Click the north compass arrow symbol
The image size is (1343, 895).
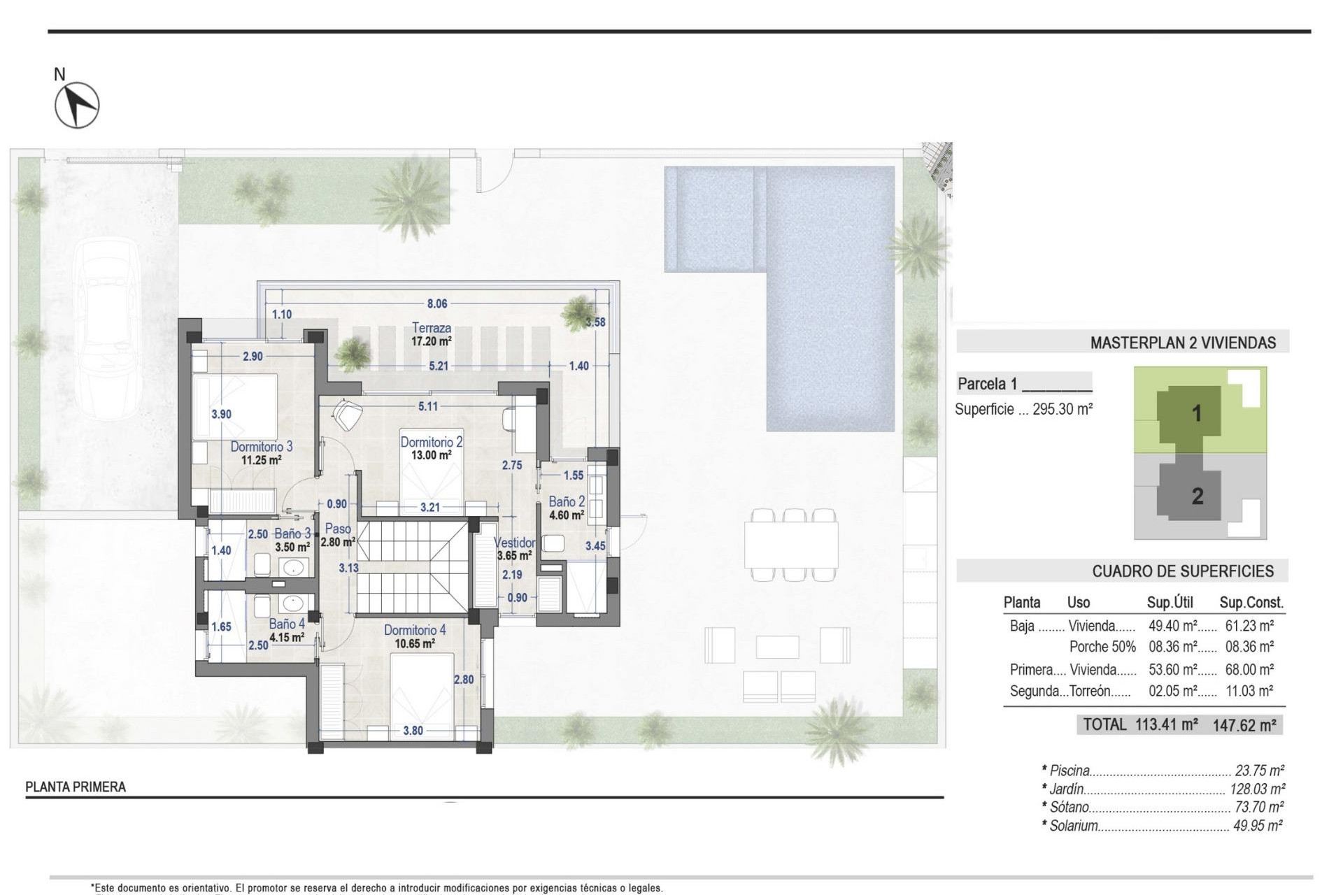point(77,105)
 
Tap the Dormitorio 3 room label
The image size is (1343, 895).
point(261,446)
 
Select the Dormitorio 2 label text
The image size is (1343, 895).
point(431,442)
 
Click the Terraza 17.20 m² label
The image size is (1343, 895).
point(431,334)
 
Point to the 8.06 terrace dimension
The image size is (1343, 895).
point(437,303)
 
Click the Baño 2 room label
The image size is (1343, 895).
point(566,502)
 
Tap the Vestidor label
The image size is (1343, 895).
point(514,543)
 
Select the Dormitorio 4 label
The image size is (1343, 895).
point(414,630)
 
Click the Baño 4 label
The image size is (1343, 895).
point(286,624)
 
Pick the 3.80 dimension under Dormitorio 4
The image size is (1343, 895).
point(413,731)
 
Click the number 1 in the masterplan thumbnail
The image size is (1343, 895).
point(1196,413)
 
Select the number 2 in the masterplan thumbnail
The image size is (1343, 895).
point(1197,496)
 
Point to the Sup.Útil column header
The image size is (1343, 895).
point(1170,602)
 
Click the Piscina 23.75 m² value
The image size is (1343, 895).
point(1259,771)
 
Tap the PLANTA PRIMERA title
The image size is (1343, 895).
point(76,787)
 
